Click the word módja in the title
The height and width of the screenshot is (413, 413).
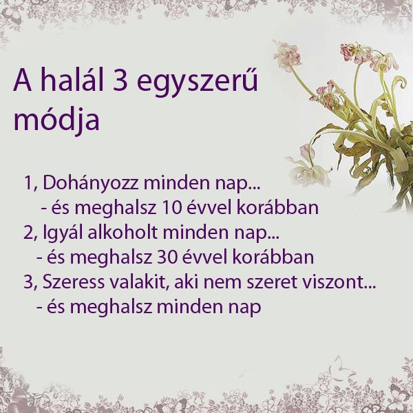coord(56,120)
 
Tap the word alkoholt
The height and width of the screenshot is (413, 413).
coord(127,233)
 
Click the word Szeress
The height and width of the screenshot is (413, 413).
coord(72,282)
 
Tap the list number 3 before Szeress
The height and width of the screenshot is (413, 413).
coord(28,282)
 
